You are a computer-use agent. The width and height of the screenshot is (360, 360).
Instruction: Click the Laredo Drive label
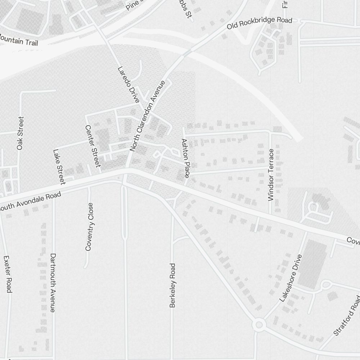coord(129,85)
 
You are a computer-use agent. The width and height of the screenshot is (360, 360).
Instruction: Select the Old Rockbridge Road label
coord(259,23)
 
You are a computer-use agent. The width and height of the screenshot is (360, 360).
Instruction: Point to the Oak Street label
coord(20,133)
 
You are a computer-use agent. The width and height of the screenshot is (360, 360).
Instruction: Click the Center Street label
coord(92,146)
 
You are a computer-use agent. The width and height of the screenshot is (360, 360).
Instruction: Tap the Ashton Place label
coord(185,158)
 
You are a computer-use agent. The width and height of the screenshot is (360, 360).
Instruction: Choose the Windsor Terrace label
coord(271,175)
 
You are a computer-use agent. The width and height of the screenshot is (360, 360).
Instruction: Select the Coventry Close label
coord(90,226)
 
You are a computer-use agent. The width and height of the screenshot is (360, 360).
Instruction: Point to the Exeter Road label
coord(8,274)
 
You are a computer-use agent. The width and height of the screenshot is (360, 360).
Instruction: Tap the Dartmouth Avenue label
coord(53,283)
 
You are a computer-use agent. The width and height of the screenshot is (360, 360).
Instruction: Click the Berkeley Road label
coord(173,285)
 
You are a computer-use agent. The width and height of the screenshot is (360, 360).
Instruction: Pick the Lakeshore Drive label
coord(290,278)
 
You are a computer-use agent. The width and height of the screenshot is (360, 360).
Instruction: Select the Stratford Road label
coord(347,315)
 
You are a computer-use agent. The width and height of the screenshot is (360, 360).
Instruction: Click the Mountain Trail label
coord(22,41)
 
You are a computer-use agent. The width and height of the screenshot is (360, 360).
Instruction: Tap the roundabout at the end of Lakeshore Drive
coord(258,325)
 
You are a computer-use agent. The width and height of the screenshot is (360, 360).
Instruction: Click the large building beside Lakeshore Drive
coord(312,265)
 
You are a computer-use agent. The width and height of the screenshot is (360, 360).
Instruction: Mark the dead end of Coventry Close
coord(86,267)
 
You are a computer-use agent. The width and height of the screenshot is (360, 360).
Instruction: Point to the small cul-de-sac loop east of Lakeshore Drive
coord(326,285)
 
